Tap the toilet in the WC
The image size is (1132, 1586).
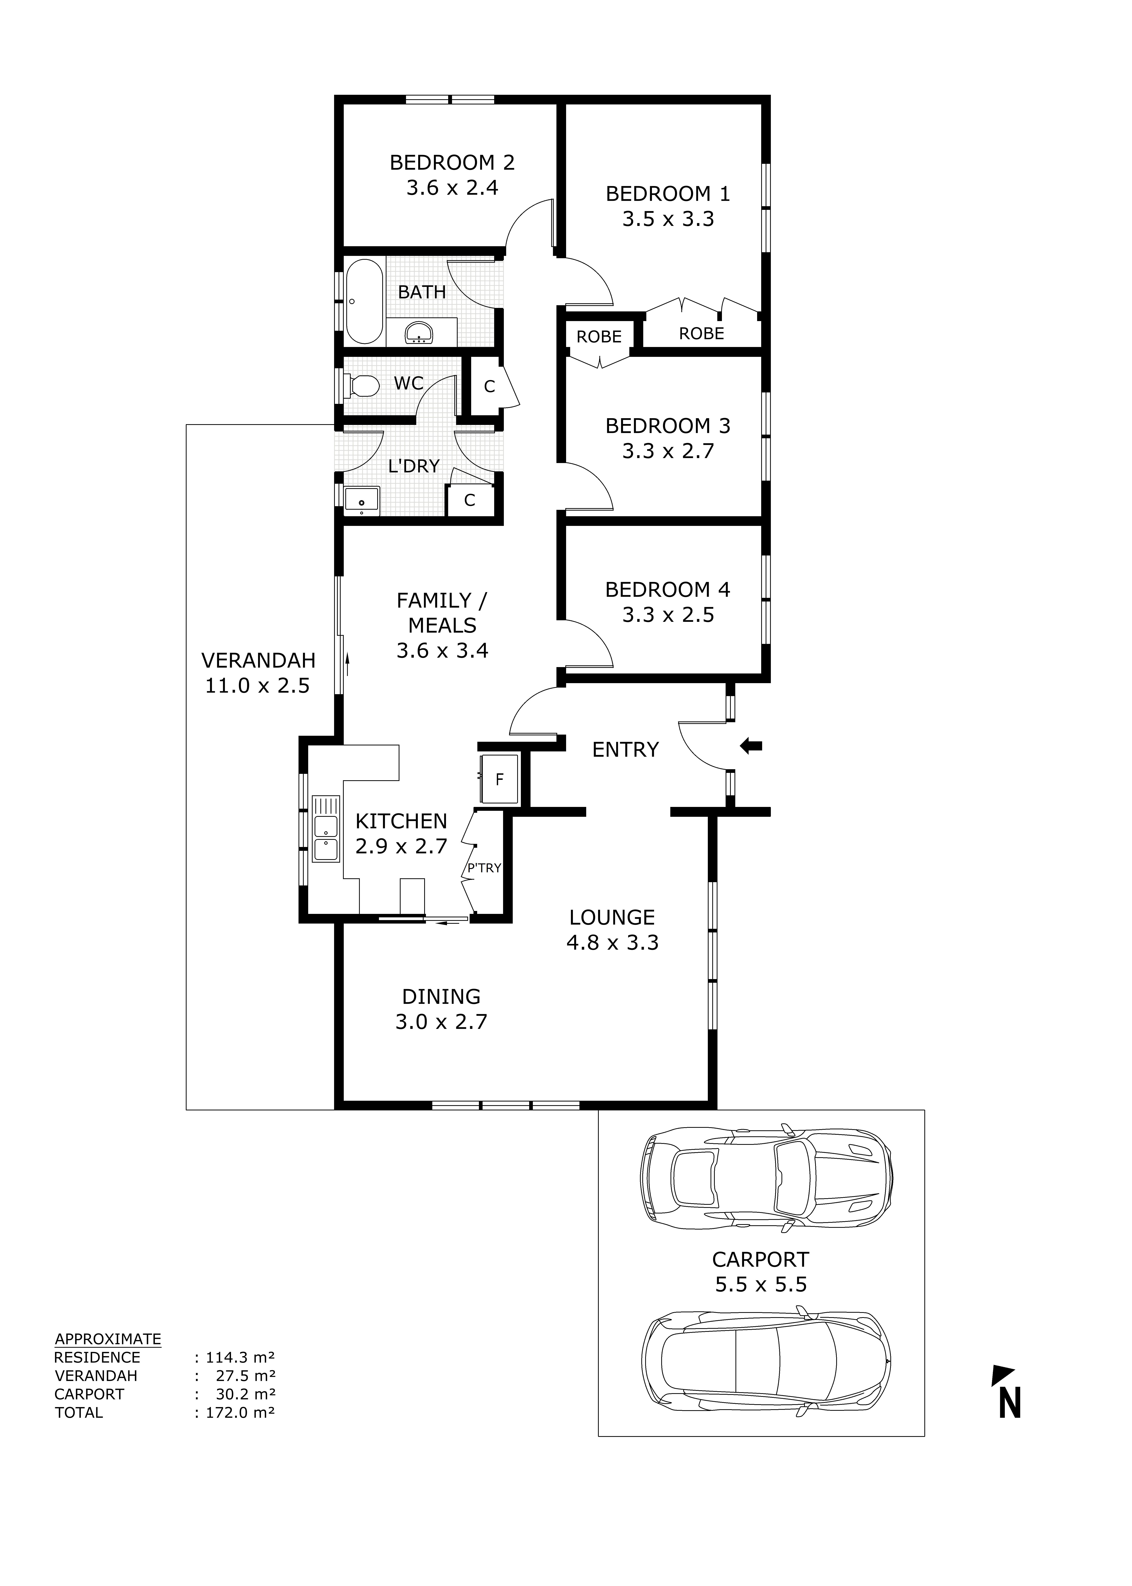tap(363, 385)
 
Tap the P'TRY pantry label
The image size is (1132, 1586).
tap(484, 868)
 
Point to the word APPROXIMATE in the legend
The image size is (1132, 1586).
tap(108, 1339)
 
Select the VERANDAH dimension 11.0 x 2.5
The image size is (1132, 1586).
tap(257, 686)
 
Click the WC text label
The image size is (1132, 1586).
tap(409, 383)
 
